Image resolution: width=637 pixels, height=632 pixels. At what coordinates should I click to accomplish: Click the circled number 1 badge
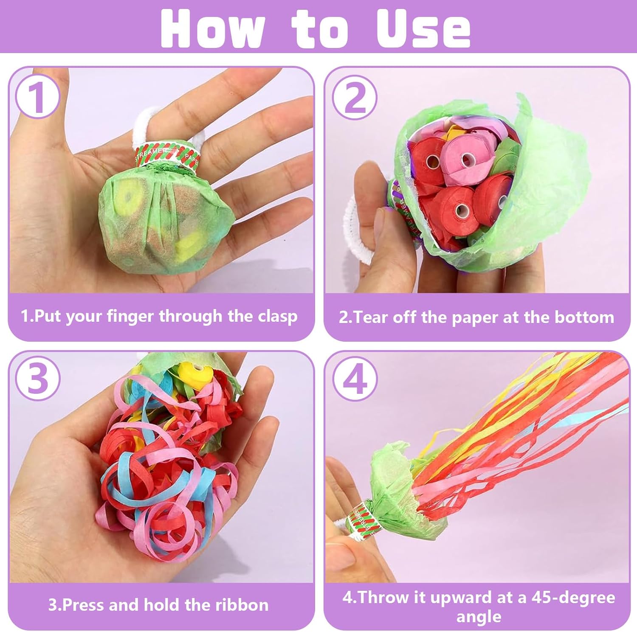(37, 97)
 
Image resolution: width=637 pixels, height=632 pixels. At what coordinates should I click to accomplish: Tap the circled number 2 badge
(355, 97)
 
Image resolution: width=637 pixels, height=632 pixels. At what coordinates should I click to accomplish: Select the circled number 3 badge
(37, 378)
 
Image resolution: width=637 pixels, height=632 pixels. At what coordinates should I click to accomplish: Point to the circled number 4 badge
(355, 378)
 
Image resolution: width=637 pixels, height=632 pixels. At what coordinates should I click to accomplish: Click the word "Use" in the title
(424, 28)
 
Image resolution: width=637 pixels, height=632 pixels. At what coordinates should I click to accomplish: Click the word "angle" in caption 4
(479, 617)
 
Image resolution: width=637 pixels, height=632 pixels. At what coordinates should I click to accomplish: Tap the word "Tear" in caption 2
(371, 317)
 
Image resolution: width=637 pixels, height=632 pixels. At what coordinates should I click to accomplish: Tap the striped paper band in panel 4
(364, 520)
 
